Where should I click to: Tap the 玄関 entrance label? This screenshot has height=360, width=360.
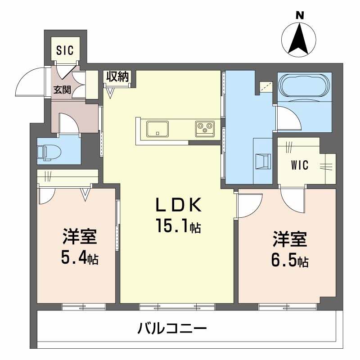click(x=62, y=89)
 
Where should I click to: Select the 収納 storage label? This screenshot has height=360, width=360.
click(x=117, y=76)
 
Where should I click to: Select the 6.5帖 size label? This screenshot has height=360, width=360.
click(x=289, y=260)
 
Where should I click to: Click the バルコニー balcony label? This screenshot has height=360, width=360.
click(x=173, y=328)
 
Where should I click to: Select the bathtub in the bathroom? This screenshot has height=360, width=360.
click(x=304, y=85)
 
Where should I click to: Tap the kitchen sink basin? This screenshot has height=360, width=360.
click(x=157, y=128)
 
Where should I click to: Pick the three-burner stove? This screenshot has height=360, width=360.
click(x=205, y=128)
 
